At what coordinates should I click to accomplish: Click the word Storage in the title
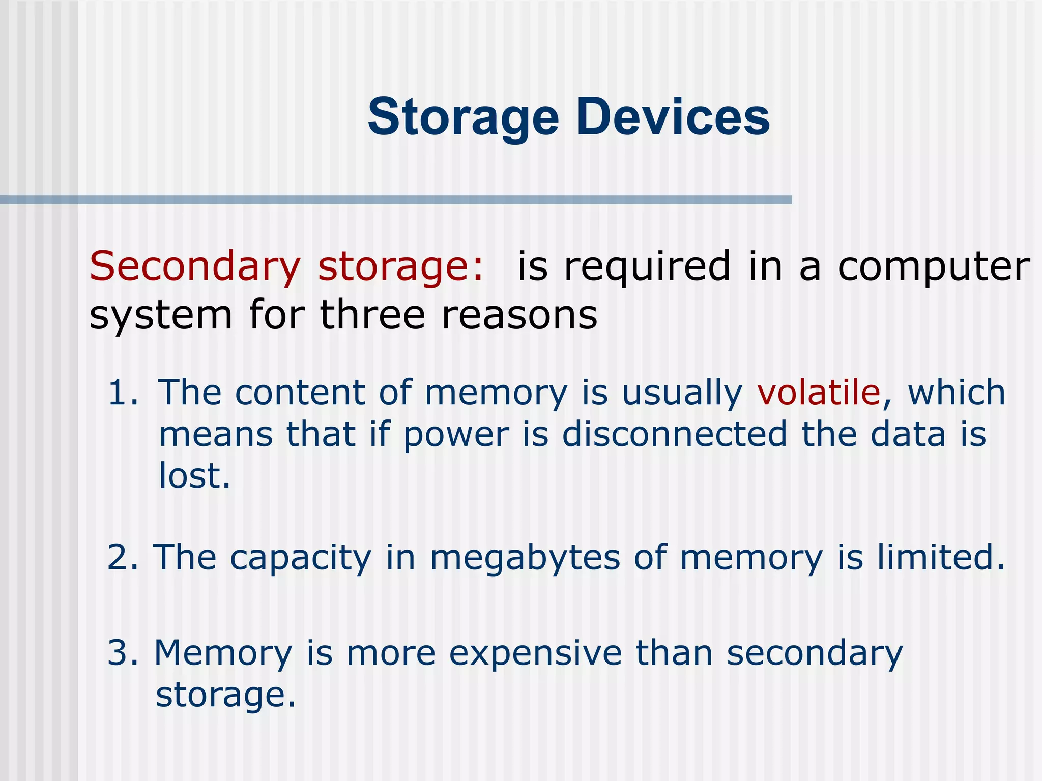(463, 118)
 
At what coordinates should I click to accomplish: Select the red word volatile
(819, 393)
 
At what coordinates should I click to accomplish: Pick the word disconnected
(675, 435)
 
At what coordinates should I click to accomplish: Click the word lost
(194, 476)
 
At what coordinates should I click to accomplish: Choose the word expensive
(535, 654)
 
